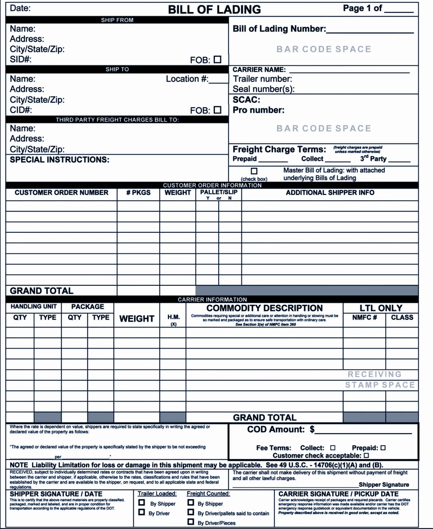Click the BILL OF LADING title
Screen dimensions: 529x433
tap(214, 9)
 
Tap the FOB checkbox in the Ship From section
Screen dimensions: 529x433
tap(218, 60)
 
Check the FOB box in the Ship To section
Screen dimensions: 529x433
tap(218, 109)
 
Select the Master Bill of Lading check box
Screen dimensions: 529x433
tap(254, 171)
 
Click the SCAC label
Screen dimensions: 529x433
tap(246, 100)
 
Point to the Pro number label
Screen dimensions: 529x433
tap(258, 110)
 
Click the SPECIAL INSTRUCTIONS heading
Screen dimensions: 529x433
tap(60, 160)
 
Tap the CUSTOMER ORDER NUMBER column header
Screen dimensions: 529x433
tap(61, 193)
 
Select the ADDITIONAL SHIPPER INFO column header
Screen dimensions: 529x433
tap(330, 193)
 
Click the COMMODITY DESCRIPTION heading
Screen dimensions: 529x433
tap(265, 308)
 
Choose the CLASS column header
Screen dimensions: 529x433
tap(402, 318)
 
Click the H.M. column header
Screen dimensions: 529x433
tap(173, 318)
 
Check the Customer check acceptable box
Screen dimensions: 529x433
tap(366, 456)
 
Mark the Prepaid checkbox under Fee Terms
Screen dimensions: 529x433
tap(383, 448)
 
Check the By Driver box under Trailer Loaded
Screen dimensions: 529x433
tap(141, 512)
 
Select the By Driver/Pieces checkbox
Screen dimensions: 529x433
tap(191, 522)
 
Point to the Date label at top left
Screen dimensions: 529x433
tap(20, 9)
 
